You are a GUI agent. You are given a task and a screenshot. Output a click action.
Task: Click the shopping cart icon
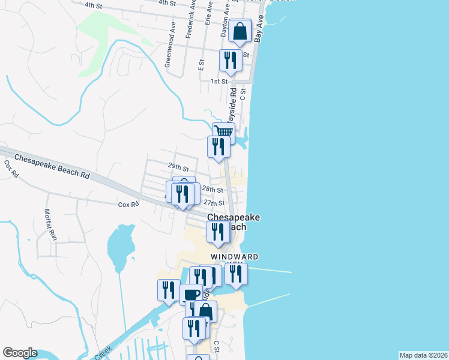pos(223,131)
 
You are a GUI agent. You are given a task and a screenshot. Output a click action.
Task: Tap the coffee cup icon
pos(191,294)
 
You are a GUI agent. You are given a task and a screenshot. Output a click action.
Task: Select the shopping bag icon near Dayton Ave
pos(240,31)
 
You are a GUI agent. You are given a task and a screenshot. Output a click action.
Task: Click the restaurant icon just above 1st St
pos(231,60)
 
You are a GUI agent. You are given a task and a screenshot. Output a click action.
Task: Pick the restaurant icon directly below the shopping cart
pos(218,147)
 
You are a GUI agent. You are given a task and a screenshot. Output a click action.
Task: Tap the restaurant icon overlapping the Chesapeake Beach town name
pos(218,232)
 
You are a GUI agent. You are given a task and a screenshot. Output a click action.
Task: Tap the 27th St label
pos(214,203)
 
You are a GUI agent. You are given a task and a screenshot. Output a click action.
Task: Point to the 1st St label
pos(218,81)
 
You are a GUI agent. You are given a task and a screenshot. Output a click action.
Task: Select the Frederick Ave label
pos(191,23)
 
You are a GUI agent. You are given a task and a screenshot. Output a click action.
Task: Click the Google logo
pos(20,353)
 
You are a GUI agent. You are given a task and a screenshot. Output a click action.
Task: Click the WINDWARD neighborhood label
pos(235,257)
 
